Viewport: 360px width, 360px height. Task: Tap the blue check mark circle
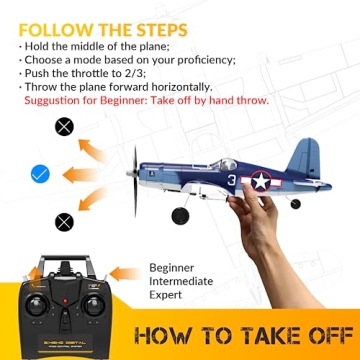40,174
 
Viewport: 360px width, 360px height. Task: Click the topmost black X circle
65,127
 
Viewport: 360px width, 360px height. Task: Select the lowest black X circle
65,222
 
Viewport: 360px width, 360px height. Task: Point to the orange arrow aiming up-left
88,148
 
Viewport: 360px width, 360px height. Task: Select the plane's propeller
134,181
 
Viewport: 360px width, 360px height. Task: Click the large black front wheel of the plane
180,216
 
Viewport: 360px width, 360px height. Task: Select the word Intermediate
182,282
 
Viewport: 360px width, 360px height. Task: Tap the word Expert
167,296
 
